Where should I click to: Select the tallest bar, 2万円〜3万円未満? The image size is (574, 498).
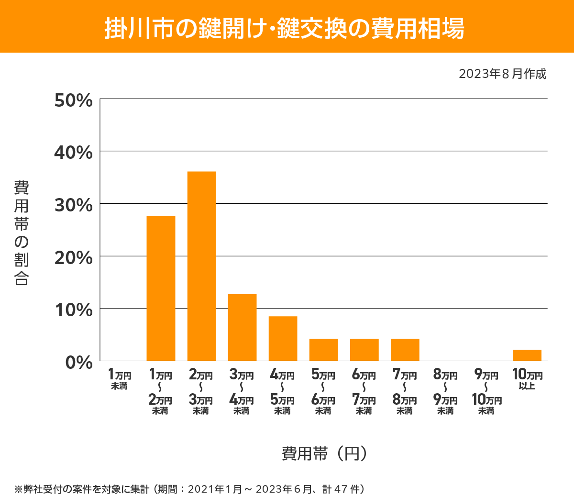201,266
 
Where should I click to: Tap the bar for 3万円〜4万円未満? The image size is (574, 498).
242,327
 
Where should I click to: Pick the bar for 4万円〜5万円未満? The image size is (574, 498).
283,338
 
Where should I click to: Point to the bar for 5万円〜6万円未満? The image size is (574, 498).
323,350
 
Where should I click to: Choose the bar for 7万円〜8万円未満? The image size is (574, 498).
405,350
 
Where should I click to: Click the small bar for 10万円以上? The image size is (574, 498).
527,355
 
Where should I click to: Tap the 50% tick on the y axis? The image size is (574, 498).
73,100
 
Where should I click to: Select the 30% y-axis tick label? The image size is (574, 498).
73,205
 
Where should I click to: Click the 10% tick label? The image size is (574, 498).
73,310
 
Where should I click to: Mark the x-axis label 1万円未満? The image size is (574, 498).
120,379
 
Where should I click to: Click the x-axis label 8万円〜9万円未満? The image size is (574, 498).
445,392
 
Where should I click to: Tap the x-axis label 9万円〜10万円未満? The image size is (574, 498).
486,392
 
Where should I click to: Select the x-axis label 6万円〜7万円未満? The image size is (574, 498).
364,392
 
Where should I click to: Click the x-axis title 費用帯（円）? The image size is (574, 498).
324,453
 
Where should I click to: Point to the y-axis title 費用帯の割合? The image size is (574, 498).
22,233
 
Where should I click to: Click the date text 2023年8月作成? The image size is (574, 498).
502,74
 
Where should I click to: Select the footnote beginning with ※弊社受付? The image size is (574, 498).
189,489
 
